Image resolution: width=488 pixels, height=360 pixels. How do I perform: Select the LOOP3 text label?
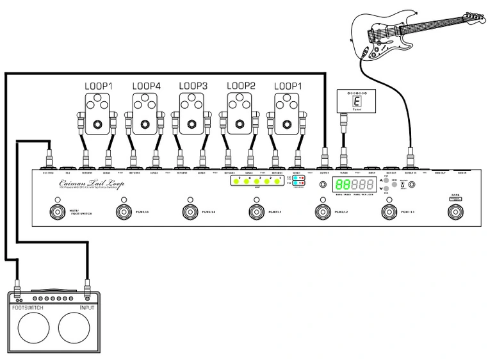pos(193,85)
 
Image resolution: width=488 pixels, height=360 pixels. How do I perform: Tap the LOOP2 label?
pos(241,85)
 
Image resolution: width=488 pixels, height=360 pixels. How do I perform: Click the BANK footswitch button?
pos(456,212)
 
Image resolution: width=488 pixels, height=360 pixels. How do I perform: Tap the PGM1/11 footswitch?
pos(389,212)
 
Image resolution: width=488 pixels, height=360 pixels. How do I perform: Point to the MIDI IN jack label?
pos(464,172)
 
